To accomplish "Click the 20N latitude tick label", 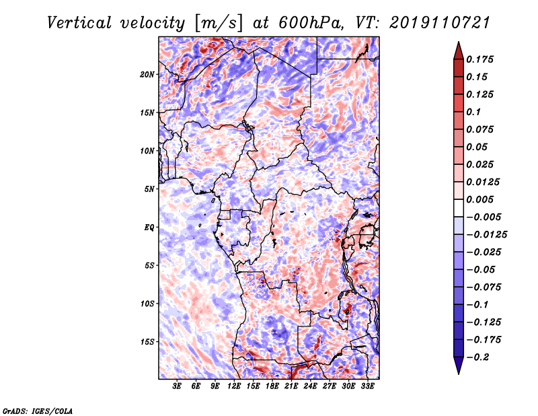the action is (147, 75).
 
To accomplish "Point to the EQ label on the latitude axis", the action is (149, 228).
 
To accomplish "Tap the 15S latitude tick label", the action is (147, 342).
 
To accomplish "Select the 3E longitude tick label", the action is (177, 386).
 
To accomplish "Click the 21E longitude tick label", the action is (291, 386).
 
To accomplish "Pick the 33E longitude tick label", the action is (367, 386).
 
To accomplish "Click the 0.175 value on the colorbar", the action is (479, 59).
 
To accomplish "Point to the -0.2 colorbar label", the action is (477, 357).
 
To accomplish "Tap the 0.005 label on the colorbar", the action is (479, 199).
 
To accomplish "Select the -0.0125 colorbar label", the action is (486, 235).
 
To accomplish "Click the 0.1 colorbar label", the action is (473, 112).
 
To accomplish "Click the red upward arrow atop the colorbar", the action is (459, 50).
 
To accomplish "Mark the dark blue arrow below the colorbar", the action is (459, 366).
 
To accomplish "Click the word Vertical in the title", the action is (79, 23).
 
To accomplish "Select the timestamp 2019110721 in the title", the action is (440, 23).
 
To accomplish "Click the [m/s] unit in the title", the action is (219, 24).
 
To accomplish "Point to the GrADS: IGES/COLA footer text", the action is (38, 411).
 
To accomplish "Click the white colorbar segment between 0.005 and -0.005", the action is (459, 208).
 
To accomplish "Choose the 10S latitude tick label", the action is (147, 304).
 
